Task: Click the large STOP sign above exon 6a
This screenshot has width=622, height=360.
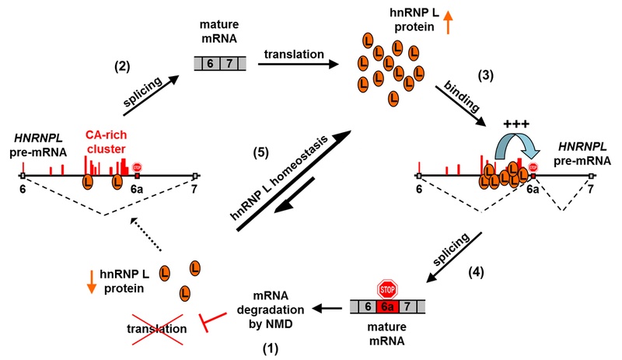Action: point(387,289)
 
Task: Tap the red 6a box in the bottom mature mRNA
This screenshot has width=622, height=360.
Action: point(387,307)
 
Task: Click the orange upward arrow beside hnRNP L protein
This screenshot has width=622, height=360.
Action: point(449,22)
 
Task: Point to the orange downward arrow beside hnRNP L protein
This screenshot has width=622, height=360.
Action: point(92,281)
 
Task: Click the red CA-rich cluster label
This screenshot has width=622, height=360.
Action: point(106,142)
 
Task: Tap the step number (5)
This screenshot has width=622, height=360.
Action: point(261,153)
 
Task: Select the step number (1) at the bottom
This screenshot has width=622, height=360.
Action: point(271,348)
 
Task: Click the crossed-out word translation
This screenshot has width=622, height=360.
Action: point(157,329)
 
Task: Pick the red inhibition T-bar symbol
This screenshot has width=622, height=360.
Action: point(212,320)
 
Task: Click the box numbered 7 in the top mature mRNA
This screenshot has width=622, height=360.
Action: point(229,64)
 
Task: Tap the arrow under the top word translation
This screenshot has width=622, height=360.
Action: point(298,64)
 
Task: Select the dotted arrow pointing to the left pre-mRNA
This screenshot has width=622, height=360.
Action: point(146,234)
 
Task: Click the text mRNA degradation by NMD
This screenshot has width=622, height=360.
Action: point(271,310)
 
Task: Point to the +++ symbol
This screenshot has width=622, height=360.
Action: point(516,124)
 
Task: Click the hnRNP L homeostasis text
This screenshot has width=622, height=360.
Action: point(279,178)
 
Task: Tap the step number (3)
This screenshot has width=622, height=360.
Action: point(485,75)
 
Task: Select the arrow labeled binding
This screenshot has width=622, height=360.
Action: point(460,106)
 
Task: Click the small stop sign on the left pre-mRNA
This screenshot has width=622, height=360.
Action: point(137,167)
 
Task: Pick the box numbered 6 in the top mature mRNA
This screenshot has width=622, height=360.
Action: point(211,64)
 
